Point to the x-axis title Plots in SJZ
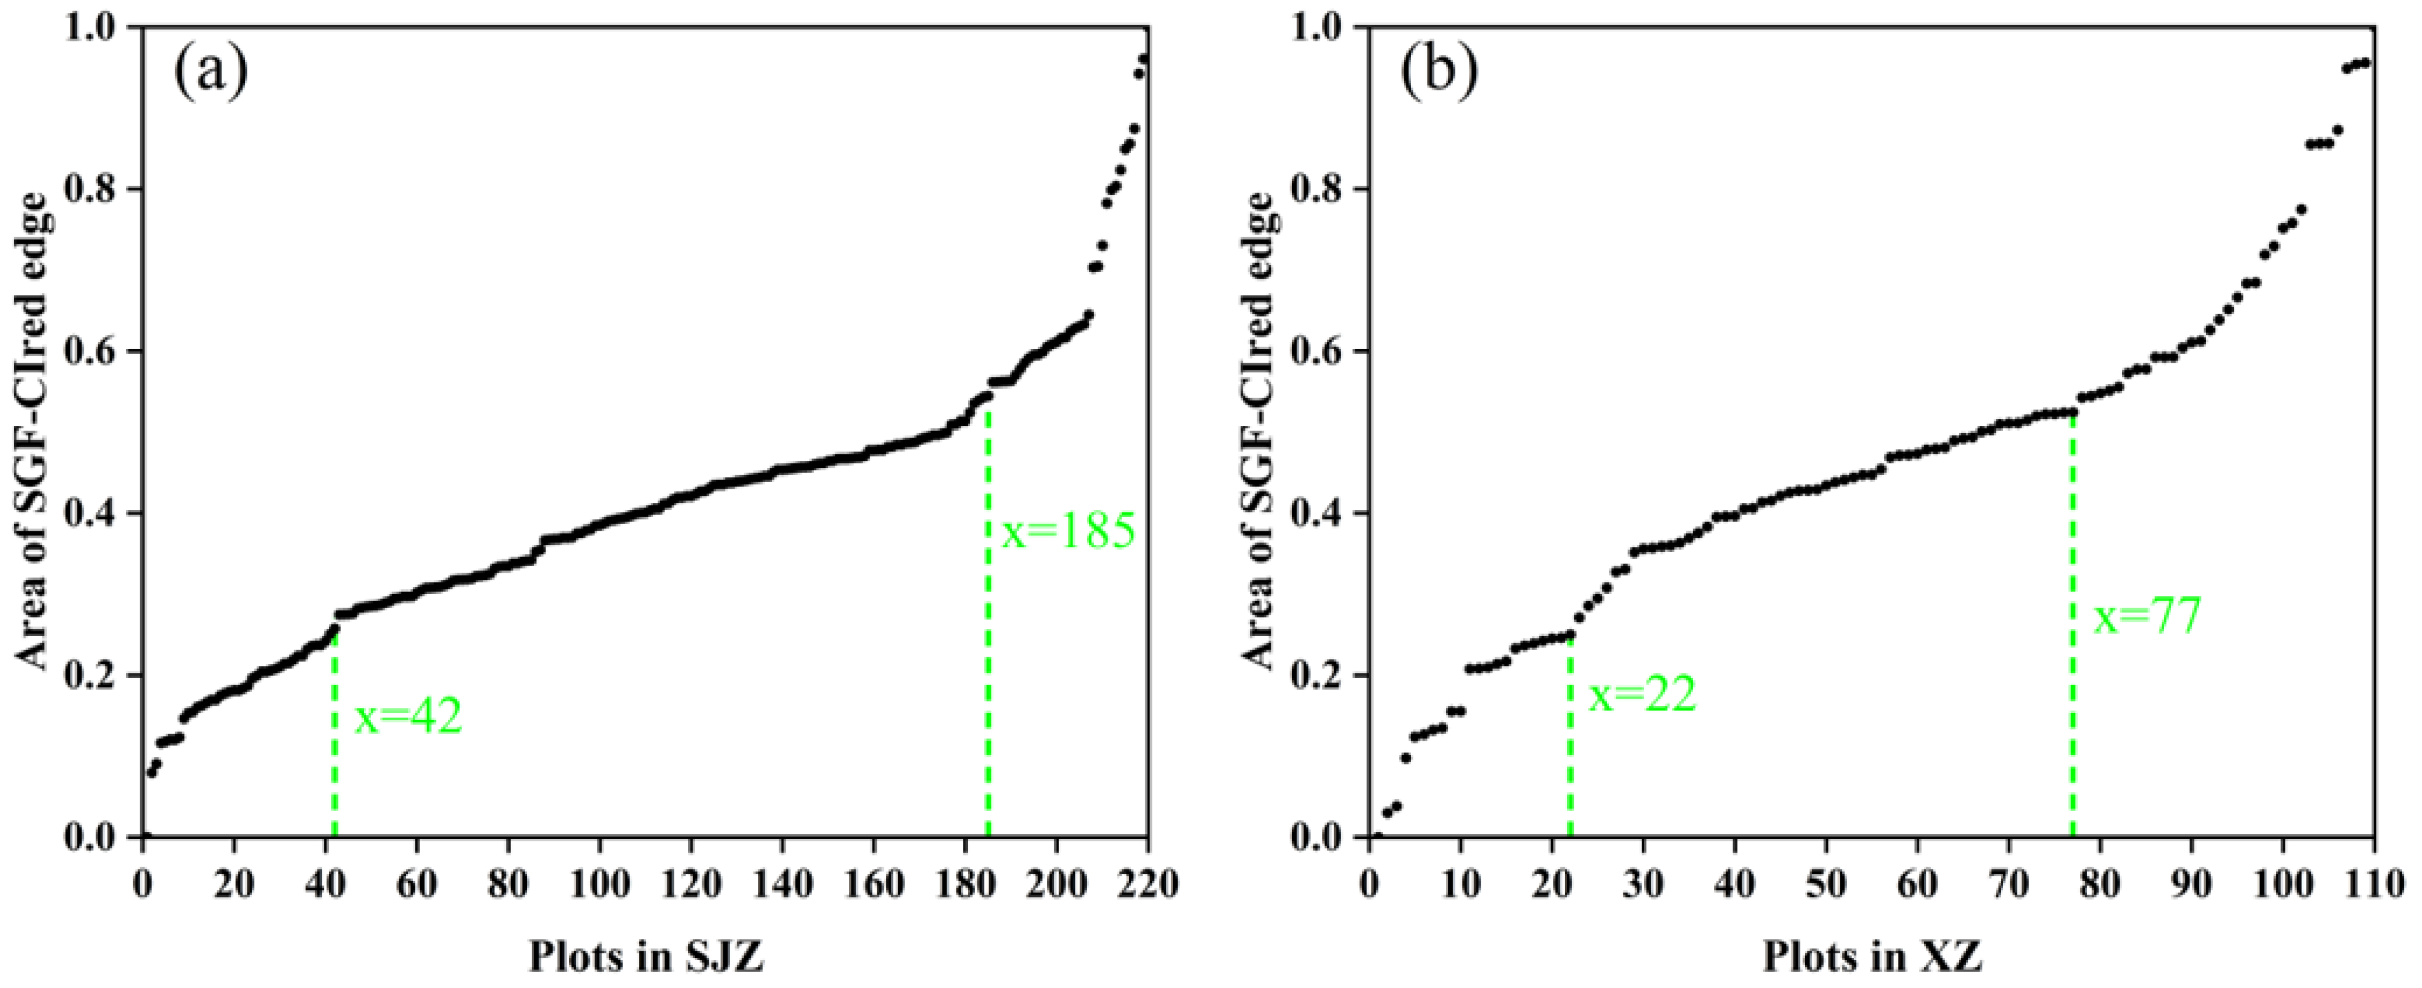[646, 958]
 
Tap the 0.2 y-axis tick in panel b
[1318, 675]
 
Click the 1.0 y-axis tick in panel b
[1318, 28]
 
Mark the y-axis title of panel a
[34, 432]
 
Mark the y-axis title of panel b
[1260, 432]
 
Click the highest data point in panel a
[1144, 59]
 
